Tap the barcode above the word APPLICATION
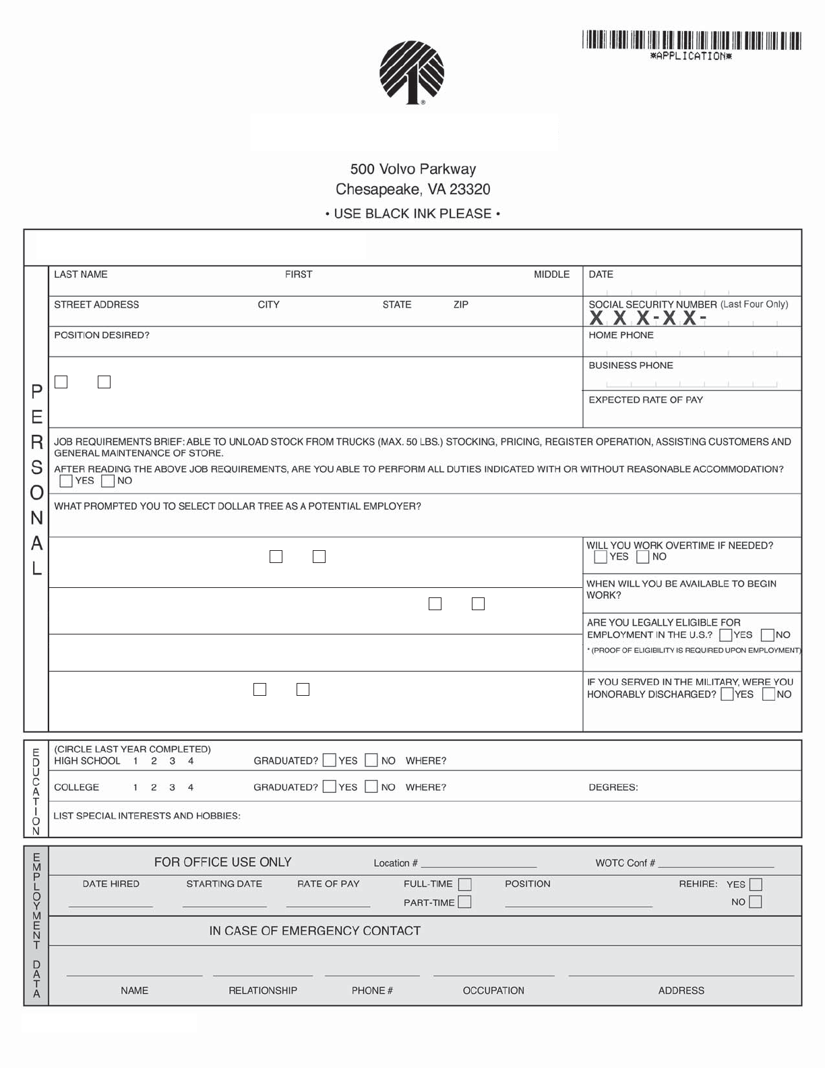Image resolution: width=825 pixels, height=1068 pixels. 692,40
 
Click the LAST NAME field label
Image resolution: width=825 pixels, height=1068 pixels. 80,274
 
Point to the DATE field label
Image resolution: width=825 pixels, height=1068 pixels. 601,274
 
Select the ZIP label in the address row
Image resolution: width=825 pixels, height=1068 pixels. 461,305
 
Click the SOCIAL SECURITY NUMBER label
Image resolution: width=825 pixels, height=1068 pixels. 652,305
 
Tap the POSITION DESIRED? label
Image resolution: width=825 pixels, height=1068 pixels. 102,335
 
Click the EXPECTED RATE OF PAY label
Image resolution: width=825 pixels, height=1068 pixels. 646,400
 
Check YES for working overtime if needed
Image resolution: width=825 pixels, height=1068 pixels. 601,557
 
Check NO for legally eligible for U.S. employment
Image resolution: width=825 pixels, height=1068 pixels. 768,635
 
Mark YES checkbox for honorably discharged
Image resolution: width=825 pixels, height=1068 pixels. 727,694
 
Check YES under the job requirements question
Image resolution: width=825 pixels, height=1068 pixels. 66,481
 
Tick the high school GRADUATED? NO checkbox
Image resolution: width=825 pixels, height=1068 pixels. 371,761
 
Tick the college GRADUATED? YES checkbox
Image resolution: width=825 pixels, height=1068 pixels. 330,787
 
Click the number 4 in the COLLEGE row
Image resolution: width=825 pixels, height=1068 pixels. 191,788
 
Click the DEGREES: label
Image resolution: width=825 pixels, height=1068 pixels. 613,788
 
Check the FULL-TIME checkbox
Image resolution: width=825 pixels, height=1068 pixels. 464,885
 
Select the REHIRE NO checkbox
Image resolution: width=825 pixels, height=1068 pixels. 756,902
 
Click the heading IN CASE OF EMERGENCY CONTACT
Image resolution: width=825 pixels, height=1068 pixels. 315,931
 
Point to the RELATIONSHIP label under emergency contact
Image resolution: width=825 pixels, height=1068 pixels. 262,990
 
